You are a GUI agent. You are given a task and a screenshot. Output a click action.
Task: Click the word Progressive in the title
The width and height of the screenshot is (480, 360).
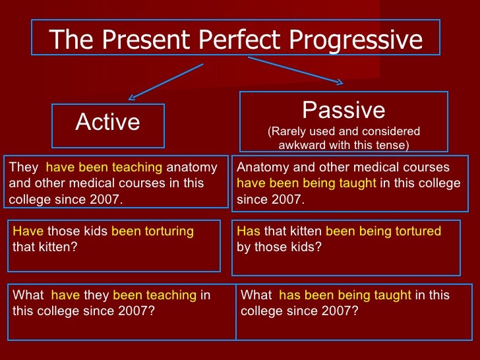357,40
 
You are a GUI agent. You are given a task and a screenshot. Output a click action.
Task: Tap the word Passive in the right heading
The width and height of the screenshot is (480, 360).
343,109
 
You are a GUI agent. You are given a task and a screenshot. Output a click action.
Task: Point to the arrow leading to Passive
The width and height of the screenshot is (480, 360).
295,71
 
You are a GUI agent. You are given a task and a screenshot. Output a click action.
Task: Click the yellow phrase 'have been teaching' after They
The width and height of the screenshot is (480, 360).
105,167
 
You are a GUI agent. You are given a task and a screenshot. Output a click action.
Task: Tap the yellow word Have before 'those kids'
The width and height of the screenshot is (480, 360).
27,231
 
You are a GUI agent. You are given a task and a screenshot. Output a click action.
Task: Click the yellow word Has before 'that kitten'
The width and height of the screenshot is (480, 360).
249,231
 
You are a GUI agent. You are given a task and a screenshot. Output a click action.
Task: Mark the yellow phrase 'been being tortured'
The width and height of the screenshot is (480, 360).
383,231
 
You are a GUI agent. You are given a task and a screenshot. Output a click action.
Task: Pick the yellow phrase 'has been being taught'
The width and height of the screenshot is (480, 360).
345,296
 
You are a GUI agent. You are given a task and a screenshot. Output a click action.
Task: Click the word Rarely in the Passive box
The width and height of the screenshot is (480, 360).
288,131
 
